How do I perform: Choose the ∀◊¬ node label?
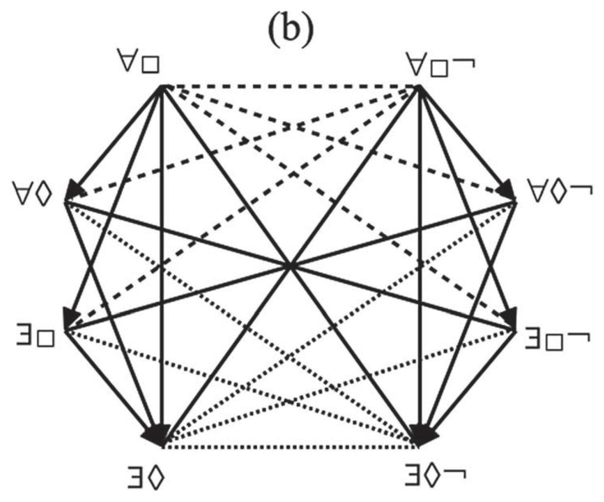[x=560, y=192]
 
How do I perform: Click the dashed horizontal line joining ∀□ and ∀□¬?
[x=290, y=86]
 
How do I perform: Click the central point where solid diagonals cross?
[x=290, y=266]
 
